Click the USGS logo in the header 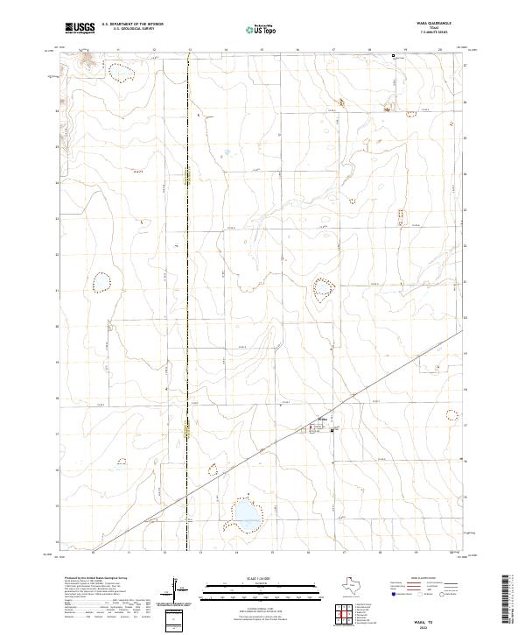point(80,29)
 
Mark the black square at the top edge point(394,56)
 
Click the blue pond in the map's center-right point(323,288)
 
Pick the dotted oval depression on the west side point(102,282)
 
